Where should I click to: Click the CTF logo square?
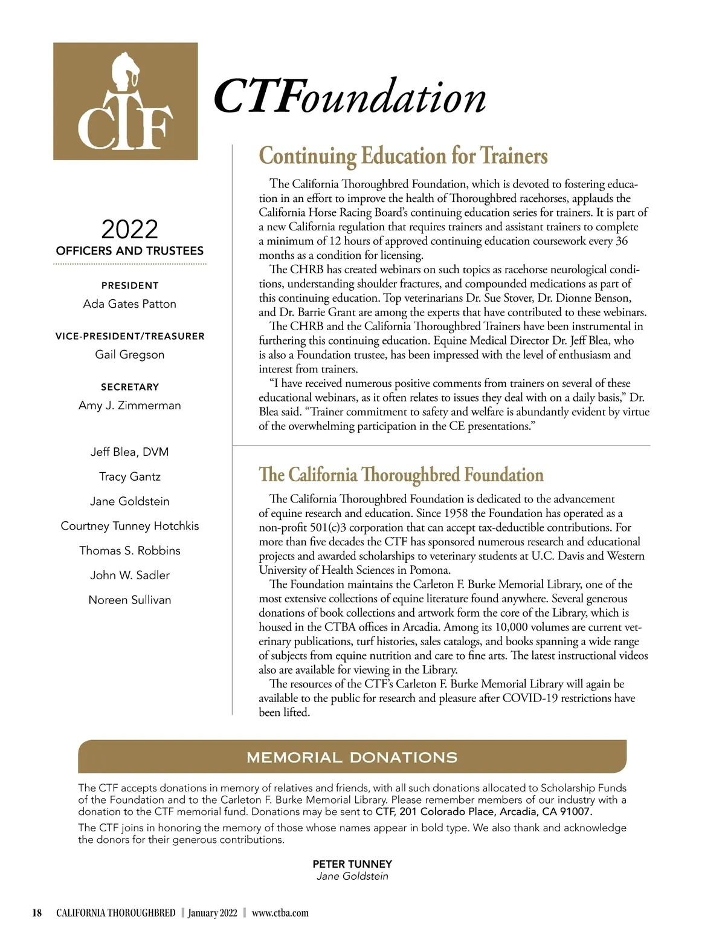click(x=125, y=101)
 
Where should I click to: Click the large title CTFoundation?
click(x=350, y=97)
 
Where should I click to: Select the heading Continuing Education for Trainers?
click(x=403, y=156)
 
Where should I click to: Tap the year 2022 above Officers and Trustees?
click(x=129, y=229)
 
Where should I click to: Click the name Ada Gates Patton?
click(x=129, y=304)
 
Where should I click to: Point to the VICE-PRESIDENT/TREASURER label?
click(x=129, y=336)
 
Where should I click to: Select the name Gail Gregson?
click(x=129, y=354)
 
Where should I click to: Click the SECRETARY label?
click(x=129, y=387)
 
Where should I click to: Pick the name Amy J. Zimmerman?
click(x=129, y=405)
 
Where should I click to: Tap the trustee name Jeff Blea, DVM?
click(x=129, y=452)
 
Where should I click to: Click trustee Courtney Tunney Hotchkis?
click(x=129, y=526)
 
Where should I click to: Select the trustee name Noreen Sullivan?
click(x=129, y=600)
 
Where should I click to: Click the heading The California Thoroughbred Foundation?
click(x=401, y=475)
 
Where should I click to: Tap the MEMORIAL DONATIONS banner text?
click(x=352, y=757)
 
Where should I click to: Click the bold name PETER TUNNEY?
click(x=352, y=864)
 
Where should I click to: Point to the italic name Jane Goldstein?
click(x=352, y=876)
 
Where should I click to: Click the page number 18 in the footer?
click(x=37, y=913)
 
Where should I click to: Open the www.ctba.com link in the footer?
click(x=280, y=913)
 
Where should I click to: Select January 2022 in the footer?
click(x=212, y=913)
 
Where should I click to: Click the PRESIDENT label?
click(x=129, y=285)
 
